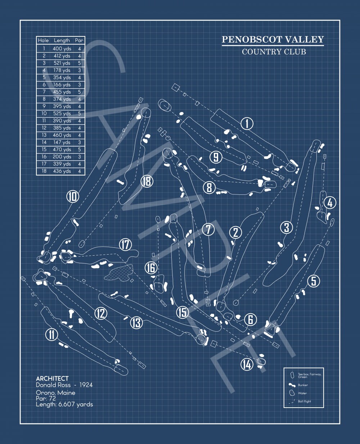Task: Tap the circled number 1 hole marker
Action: click(247, 124)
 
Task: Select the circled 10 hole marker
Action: click(73, 196)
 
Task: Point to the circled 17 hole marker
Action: click(125, 245)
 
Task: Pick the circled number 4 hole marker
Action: click(330, 203)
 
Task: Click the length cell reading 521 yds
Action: click(62, 63)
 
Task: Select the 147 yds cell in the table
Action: click(62, 142)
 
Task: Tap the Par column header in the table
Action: click(79, 40)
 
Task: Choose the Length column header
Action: click(62, 40)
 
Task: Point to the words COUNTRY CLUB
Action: click(274, 52)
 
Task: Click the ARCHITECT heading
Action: click(52, 378)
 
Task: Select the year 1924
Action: click(86, 385)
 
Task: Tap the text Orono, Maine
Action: click(56, 393)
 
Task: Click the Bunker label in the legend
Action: click(303, 385)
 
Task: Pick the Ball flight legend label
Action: click(304, 401)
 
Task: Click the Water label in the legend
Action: click(302, 393)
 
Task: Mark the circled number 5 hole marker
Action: click(314, 281)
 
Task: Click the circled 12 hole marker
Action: click(101, 313)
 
